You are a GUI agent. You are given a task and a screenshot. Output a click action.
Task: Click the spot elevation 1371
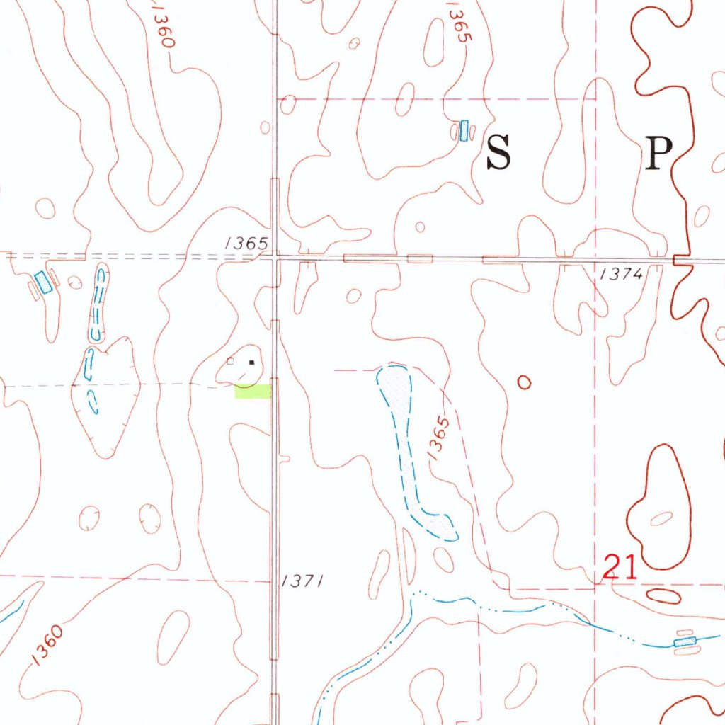pyautogui.click(x=302, y=581)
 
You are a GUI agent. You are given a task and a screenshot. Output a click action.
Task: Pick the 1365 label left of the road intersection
pyautogui.click(x=246, y=243)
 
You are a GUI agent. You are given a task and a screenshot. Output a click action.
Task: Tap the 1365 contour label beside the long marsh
pyautogui.click(x=438, y=439)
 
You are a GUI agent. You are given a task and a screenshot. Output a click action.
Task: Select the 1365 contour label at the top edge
pyautogui.click(x=457, y=23)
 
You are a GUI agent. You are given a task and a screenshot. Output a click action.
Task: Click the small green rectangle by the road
pyautogui.click(x=253, y=391)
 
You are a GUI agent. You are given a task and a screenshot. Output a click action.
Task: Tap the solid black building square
pyautogui.click(x=251, y=362)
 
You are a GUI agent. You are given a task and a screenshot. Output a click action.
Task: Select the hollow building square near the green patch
pyautogui.click(x=229, y=362)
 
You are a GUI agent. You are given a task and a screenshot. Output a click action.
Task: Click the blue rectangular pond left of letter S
pyautogui.click(x=464, y=131)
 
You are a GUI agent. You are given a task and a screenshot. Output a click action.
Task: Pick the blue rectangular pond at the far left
pyautogui.click(x=45, y=282)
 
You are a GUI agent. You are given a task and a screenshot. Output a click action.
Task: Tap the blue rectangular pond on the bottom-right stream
pyautogui.click(x=684, y=641)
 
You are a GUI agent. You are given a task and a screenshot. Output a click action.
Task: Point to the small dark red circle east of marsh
pyautogui.click(x=524, y=382)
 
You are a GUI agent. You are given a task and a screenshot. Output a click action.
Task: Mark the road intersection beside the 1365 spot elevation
pyautogui.click(x=276, y=258)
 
